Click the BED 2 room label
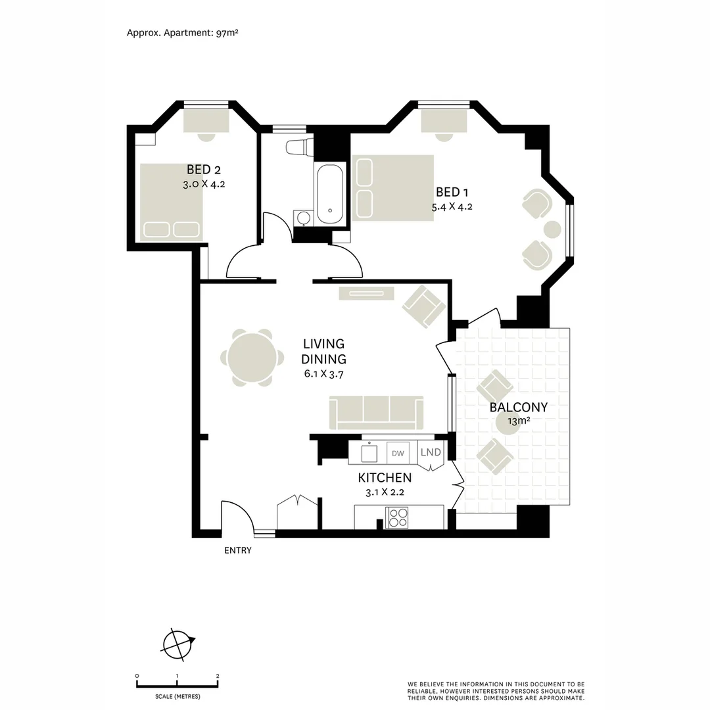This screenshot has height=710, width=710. pos(203,171)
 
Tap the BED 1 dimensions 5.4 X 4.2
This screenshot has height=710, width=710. pos(452,206)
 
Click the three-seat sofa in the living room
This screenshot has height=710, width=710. pos(377,413)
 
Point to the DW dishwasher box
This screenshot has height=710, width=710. pos(398,453)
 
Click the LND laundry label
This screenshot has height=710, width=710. pos(431,452)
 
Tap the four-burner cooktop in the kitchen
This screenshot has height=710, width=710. pos(397,518)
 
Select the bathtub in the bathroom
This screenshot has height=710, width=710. pos(329,195)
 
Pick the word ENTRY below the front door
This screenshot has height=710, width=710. pos(237,551)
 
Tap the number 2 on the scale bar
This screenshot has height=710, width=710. pos(218,676)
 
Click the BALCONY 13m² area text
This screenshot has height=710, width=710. pos(518,413)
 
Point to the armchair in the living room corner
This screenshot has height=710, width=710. pos(423,305)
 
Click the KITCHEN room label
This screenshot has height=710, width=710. pos(385,478)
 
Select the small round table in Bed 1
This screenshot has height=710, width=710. pos(552,229)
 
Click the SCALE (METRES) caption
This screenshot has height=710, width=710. pos(177,696)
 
